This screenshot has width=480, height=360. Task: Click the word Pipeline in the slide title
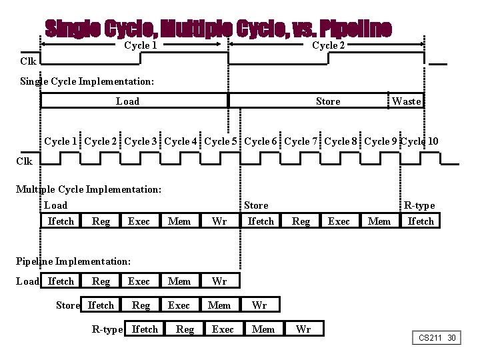click(x=355, y=29)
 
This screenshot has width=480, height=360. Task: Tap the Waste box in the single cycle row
click(x=407, y=101)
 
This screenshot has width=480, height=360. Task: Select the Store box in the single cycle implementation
click(x=327, y=101)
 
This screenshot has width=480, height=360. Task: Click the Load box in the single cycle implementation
click(x=128, y=101)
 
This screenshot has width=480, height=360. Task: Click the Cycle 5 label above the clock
click(x=221, y=141)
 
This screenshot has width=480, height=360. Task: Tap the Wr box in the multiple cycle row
click(x=219, y=221)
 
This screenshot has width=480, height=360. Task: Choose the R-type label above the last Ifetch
click(x=419, y=205)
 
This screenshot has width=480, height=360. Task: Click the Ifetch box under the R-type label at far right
click(x=421, y=221)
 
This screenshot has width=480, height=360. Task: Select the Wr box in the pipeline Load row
click(x=219, y=281)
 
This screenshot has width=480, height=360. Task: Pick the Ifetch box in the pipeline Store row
click(x=101, y=305)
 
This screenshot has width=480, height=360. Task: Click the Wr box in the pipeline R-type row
click(x=303, y=329)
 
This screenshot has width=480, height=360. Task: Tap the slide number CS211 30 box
click(x=437, y=338)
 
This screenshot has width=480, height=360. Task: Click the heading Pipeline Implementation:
click(x=73, y=261)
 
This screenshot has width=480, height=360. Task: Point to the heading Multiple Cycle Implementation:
click(x=89, y=189)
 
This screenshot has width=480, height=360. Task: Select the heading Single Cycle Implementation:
click(x=87, y=81)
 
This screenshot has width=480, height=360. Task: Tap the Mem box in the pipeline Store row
click(x=219, y=305)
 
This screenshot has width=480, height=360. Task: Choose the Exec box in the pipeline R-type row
click(x=223, y=329)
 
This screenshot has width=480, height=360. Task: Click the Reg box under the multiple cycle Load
click(x=101, y=221)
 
